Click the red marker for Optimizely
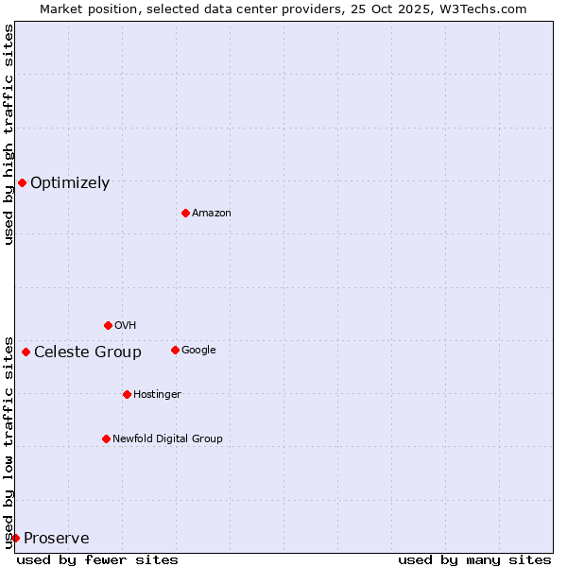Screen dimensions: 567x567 pyautogui.click(x=22, y=182)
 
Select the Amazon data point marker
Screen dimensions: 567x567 pyautogui.click(x=185, y=213)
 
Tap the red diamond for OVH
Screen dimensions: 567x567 pyautogui.click(x=108, y=325)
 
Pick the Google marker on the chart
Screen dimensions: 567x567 pyautogui.click(x=175, y=350)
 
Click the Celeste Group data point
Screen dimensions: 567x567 pyautogui.click(x=26, y=352)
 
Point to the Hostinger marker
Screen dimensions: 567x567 pyautogui.click(x=127, y=394)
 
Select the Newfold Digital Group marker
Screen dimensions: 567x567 pyautogui.click(x=106, y=438)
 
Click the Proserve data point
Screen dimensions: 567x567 pyautogui.click(x=15, y=538)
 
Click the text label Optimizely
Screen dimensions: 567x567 pyautogui.click(x=70, y=183)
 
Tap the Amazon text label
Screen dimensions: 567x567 pyautogui.click(x=212, y=214)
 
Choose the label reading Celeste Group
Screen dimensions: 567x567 pyautogui.click(x=88, y=352)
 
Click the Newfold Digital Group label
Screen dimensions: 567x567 pyautogui.click(x=167, y=438)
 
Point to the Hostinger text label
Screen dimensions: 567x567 pyautogui.click(x=157, y=394)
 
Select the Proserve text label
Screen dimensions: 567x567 pyautogui.click(x=57, y=539)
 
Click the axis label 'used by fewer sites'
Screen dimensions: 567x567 pyautogui.click(x=97, y=559)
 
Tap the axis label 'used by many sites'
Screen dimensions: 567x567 pyautogui.click(x=474, y=559)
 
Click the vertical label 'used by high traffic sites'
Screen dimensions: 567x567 pyautogui.click(x=9, y=134)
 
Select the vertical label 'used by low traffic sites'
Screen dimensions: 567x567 pyautogui.click(x=9, y=441)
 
